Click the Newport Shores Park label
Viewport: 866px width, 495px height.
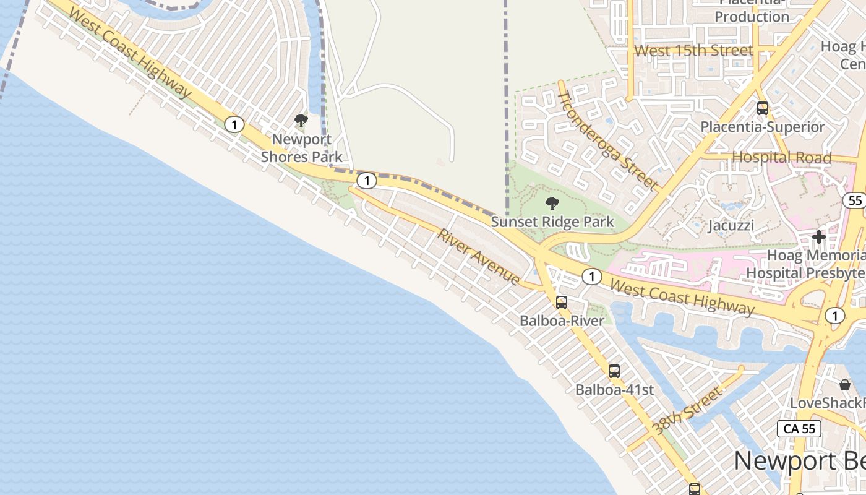click(x=301, y=148)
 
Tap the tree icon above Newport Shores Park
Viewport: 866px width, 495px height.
click(x=301, y=121)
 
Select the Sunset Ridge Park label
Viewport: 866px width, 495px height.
click(x=552, y=222)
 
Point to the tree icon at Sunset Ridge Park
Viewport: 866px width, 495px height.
click(x=552, y=203)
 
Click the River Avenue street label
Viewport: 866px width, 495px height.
click(x=479, y=257)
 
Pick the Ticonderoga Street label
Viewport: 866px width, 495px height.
click(x=607, y=140)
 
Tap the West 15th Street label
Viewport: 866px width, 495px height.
click(x=694, y=50)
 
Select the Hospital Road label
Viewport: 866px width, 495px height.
click(x=782, y=157)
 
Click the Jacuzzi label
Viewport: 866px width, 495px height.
click(x=731, y=225)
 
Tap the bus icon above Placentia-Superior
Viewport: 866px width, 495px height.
click(x=763, y=108)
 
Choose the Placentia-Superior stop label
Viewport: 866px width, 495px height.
click(x=763, y=127)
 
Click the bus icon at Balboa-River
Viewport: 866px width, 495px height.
click(x=562, y=303)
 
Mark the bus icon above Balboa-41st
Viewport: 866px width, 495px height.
click(x=614, y=371)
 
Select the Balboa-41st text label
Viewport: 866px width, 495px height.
click(x=614, y=390)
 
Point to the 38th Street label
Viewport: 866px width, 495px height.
click(x=687, y=410)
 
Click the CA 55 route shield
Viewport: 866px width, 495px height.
click(x=799, y=429)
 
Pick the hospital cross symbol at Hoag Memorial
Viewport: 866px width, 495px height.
click(x=819, y=237)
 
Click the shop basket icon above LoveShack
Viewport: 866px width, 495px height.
click(x=845, y=385)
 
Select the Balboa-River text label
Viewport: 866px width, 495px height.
click(x=562, y=321)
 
